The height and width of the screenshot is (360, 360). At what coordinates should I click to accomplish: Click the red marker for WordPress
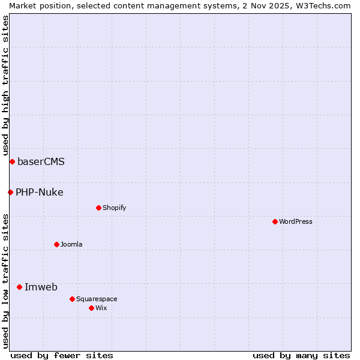tap(275, 221)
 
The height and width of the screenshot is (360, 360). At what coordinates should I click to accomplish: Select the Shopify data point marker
tap(98, 208)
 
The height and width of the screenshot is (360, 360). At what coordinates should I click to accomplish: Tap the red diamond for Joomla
tap(56, 244)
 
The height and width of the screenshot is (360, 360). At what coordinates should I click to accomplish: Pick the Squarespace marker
tap(72, 299)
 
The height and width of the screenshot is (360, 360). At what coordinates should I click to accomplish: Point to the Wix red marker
tap(91, 308)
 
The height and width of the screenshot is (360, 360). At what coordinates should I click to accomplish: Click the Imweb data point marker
tap(19, 287)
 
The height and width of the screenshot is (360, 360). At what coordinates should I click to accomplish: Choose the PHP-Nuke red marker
tap(10, 192)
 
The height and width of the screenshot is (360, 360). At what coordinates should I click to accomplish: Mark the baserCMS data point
tap(12, 161)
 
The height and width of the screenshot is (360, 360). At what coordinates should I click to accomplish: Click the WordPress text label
tap(296, 221)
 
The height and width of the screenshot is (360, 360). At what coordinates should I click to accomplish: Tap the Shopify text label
tap(114, 208)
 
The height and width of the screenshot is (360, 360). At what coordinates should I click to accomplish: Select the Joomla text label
tap(71, 244)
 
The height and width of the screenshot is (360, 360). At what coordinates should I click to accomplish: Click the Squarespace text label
tap(97, 299)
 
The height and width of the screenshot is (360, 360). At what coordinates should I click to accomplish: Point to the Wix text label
tap(101, 308)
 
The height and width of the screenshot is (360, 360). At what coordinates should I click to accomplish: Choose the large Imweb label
tap(41, 287)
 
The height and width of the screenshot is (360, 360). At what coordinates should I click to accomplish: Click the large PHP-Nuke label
tap(40, 192)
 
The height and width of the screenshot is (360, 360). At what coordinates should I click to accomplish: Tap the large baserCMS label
tap(41, 161)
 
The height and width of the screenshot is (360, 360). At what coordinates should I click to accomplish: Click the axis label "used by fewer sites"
tap(62, 355)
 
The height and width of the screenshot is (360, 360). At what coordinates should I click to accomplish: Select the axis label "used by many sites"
tap(301, 355)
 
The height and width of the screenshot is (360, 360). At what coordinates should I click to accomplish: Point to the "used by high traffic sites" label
tap(5, 86)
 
